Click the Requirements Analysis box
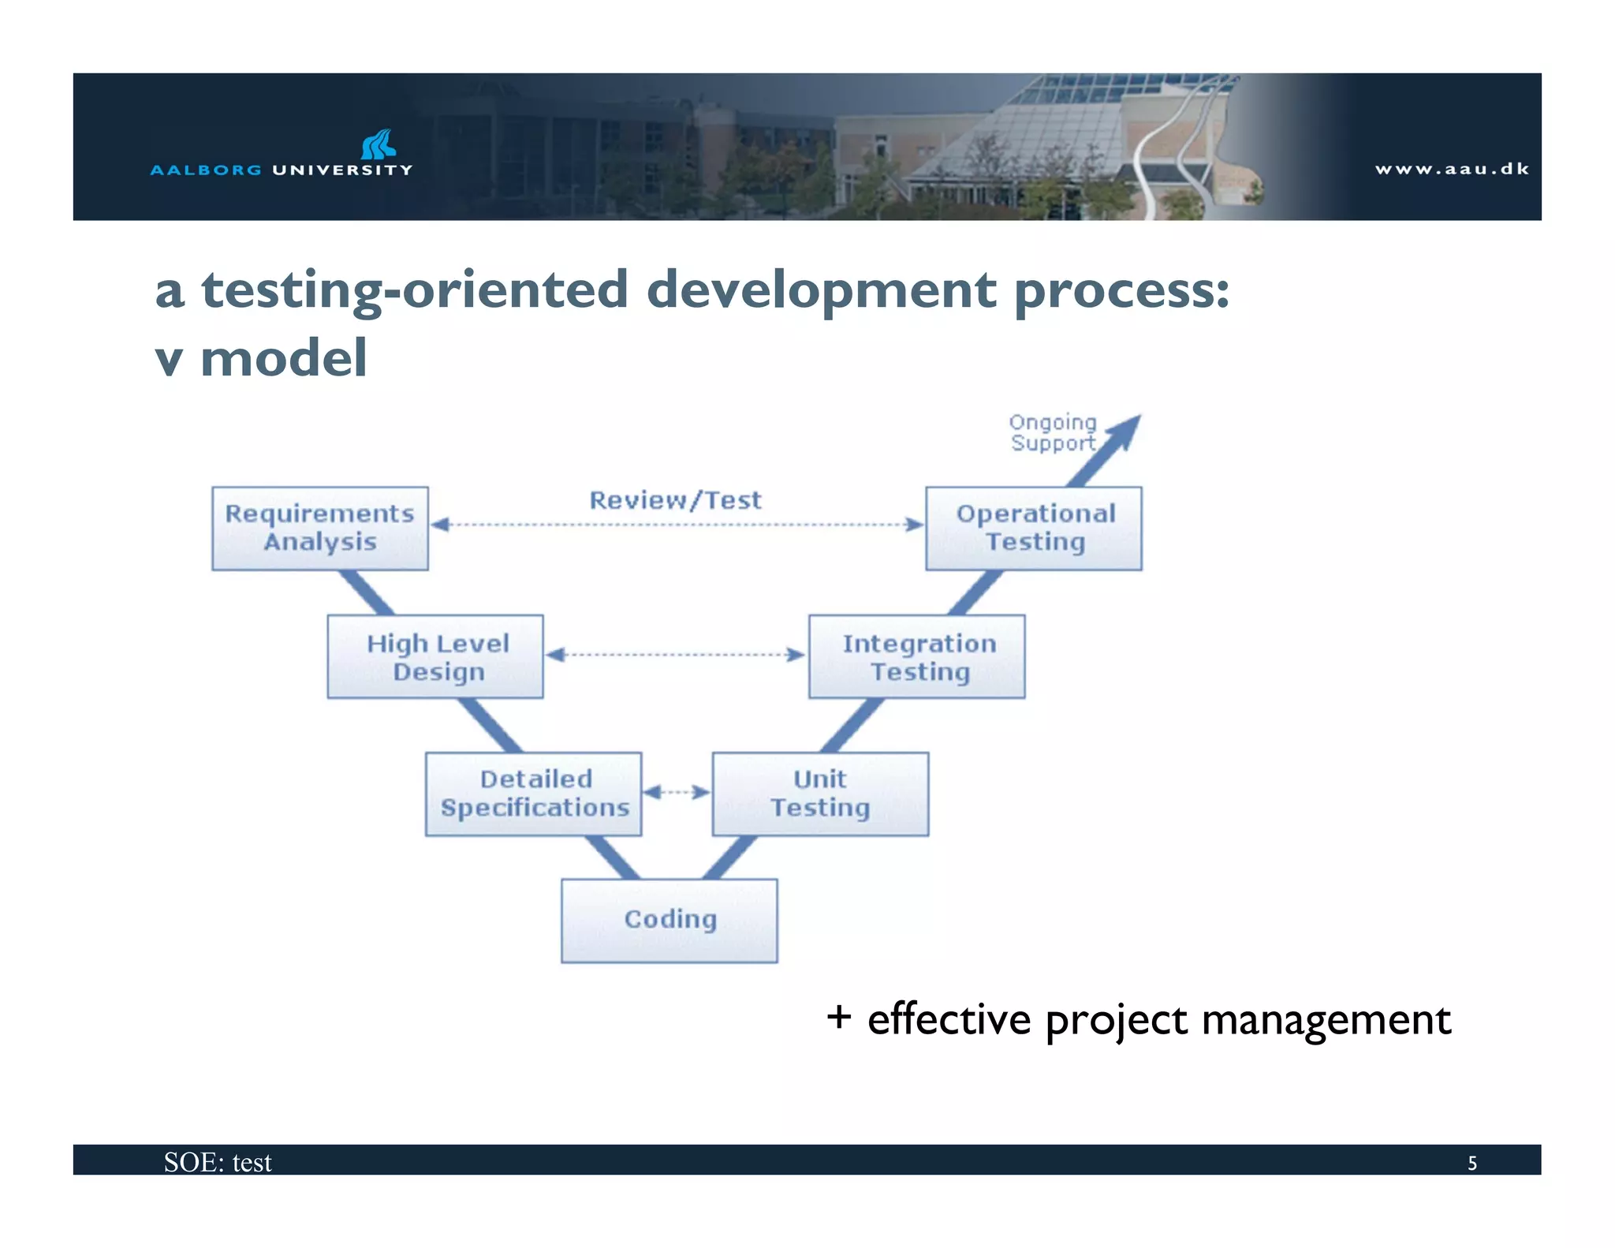(319, 528)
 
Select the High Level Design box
(435, 656)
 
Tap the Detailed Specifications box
(534, 794)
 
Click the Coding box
(669, 920)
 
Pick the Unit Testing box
(820, 794)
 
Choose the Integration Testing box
(917, 656)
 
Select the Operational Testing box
(1034, 528)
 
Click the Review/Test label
(676, 500)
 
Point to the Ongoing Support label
(1053, 432)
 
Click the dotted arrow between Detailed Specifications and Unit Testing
(677, 791)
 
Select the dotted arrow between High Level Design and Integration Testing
(675, 654)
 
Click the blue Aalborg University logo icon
(378, 144)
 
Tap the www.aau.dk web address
(1452, 169)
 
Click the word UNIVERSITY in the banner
(342, 170)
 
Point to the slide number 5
(1471, 1163)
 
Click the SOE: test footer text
(218, 1163)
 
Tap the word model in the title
(283, 358)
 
